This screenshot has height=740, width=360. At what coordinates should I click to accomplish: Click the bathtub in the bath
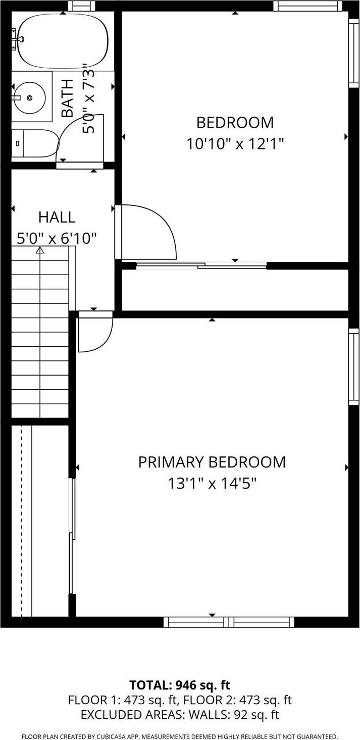pos(63,40)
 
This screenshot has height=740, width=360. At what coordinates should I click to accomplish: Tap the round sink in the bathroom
pos(29,96)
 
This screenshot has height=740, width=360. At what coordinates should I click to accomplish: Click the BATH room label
pos(67,98)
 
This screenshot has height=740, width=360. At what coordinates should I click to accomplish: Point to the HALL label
pos(57,218)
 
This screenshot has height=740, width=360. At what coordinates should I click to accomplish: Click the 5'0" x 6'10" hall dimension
pos(57,238)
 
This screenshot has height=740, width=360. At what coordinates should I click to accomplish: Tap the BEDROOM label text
pos(235,123)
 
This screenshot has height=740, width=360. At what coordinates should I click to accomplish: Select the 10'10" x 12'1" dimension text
pos(235,144)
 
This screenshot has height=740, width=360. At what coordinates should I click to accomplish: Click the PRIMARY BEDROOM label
pos(212,462)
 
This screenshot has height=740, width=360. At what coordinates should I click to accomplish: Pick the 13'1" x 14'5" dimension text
pos(212,484)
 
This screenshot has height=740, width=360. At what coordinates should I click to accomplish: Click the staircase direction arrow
pos(40,250)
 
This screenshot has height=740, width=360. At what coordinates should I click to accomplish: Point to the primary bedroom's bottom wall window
pos(229,622)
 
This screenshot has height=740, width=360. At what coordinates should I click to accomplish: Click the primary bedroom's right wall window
pos(354,366)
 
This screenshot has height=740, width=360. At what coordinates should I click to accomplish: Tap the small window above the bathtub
pos(81,6)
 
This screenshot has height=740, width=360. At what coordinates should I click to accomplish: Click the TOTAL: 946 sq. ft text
pos(180,685)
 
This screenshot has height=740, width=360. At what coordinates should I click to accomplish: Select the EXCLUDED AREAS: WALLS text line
pos(180,715)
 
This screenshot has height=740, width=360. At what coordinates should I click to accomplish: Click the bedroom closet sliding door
pos(201,265)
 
